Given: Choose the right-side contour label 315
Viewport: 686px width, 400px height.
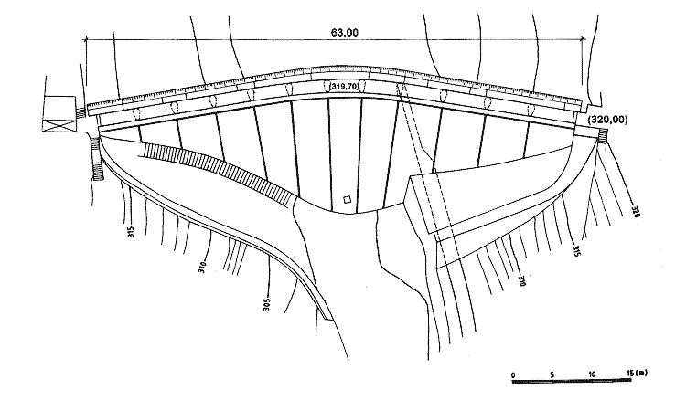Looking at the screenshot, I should [576, 251].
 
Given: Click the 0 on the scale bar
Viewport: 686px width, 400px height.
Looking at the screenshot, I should [513, 374].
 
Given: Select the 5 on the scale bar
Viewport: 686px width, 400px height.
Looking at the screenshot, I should [552, 374].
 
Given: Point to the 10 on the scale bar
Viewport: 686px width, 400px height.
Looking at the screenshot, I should [592, 374].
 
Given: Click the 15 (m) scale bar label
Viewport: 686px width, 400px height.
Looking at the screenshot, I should [637, 374].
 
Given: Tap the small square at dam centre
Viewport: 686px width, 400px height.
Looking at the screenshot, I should [346, 200].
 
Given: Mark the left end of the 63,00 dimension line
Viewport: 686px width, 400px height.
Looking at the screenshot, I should [85, 38].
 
